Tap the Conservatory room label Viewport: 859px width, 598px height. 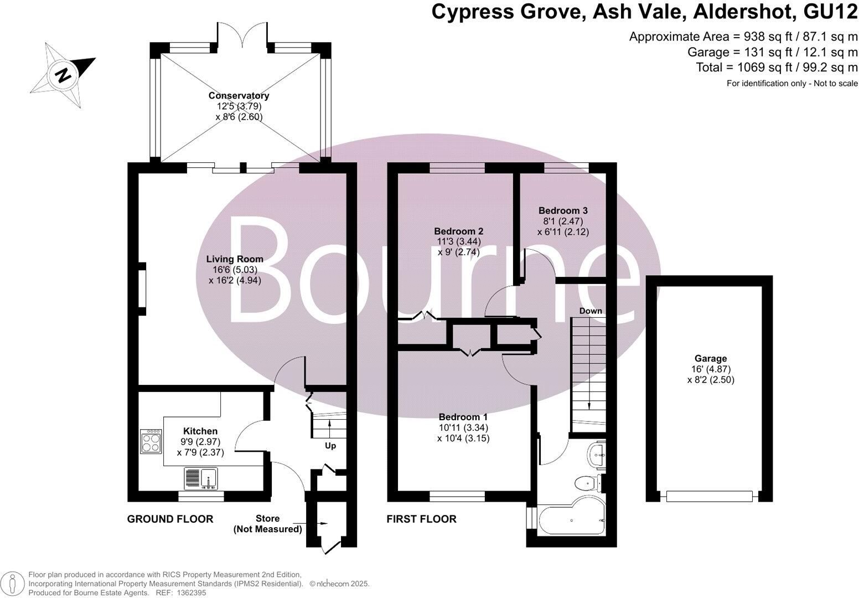tap(239, 96)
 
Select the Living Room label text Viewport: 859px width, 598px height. tap(235, 259)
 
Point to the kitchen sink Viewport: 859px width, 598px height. tap(201, 478)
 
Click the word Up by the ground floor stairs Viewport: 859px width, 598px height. tap(330, 446)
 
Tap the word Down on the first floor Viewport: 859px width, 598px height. tap(590, 311)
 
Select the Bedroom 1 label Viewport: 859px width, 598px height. tap(463, 417)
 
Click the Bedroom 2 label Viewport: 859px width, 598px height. tap(458, 231)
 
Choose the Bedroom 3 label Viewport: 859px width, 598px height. tap(563, 210)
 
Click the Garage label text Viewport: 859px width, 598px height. tap(711, 358)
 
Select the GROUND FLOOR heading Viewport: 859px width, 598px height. tap(170, 519)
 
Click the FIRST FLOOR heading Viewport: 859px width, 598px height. tap(421, 519)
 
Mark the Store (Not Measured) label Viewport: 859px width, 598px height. tap(268, 524)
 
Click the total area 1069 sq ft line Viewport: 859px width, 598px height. tap(776, 68)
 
